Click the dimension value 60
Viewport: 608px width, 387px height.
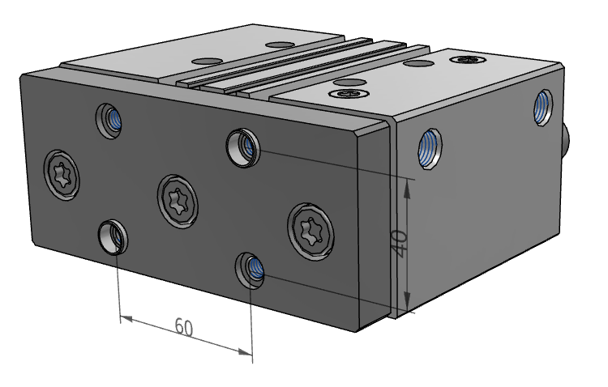pos(184,327)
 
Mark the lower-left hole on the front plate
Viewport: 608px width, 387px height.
pos(112,236)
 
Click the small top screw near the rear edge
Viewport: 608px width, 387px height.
pos(468,58)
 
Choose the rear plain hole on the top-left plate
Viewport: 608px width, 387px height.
pos(280,45)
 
